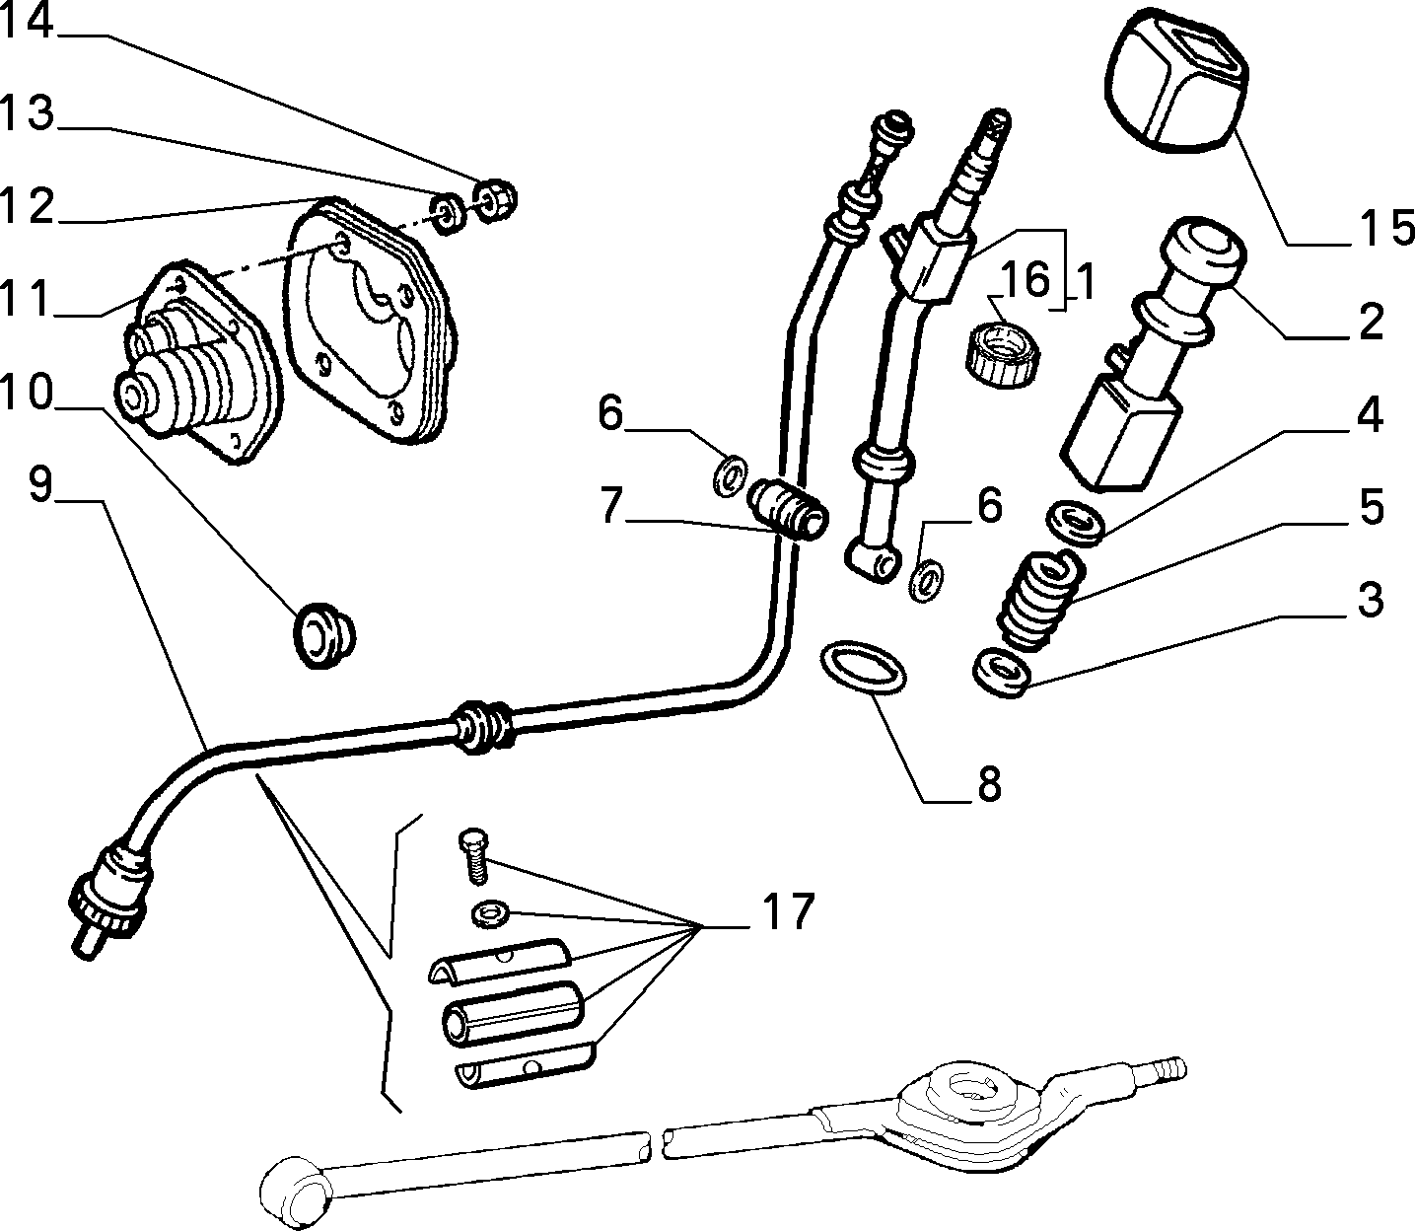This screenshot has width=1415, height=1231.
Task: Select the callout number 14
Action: tap(27, 20)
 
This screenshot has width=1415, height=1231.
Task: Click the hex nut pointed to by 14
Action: tap(494, 200)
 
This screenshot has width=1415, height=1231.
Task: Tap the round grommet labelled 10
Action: tap(323, 635)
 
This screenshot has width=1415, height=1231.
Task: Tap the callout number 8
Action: tap(989, 784)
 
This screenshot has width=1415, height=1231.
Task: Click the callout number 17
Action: tap(789, 911)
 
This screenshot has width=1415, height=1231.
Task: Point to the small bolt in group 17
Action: tap(473, 855)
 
